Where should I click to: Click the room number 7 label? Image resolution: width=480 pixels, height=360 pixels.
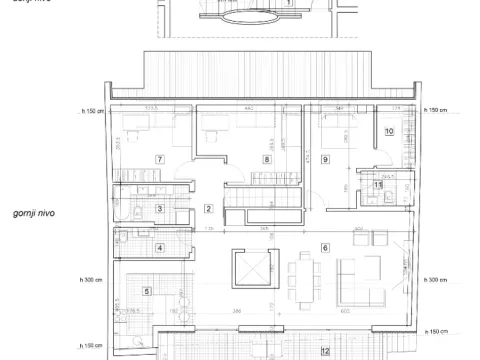(159, 159)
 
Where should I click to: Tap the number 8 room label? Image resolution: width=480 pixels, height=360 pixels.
(266, 159)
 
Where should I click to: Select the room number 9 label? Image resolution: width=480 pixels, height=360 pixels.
(326, 159)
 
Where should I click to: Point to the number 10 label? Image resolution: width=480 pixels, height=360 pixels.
(389, 131)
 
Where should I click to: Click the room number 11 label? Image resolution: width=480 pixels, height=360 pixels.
(377, 184)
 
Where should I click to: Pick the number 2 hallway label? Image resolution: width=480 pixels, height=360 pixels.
(208, 208)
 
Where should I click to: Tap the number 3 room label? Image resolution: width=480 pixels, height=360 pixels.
(159, 208)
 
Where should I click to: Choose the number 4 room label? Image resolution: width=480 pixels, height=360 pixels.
(159, 248)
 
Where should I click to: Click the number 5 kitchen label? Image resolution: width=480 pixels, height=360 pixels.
(147, 291)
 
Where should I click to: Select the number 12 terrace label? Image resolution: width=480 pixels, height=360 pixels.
(324, 351)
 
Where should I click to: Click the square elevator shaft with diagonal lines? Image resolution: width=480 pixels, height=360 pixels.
(250, 269)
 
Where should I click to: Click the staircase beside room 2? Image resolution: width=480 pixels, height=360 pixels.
(262, 207)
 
